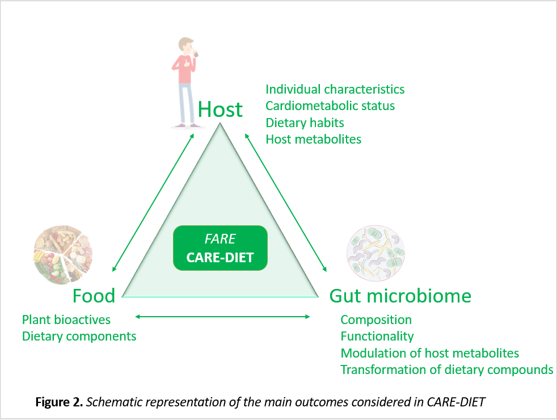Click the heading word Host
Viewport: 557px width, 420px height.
tap(220, 109)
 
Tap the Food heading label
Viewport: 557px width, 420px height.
tap(94, 296)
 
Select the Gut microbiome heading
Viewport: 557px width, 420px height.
tap(400, 296)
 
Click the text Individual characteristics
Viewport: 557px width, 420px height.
tap(335, 89)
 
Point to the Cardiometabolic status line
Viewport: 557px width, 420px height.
tap(330, 106)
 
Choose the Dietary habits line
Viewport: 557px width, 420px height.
tap(305, 123)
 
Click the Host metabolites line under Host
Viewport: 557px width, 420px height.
tap(313, 139)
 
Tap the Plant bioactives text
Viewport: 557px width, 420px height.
tap(66, 320)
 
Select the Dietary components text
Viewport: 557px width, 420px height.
tap(79, 337)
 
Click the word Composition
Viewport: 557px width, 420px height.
tap(376, 320)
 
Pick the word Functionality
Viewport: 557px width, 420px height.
tap(377, 337)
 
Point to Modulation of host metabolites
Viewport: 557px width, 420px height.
tap(429, 353)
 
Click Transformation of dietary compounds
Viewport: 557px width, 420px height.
tap(447, 370)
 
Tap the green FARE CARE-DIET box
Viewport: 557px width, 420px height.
tap(220, 248)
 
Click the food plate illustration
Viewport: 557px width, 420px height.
tap(63, 254)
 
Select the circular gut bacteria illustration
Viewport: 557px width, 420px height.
tap(375, 253)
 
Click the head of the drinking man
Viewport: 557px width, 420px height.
tap(186, 45)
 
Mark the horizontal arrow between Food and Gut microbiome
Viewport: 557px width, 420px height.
tap(223, 317)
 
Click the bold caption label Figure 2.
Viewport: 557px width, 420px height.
tap(59, 402)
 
